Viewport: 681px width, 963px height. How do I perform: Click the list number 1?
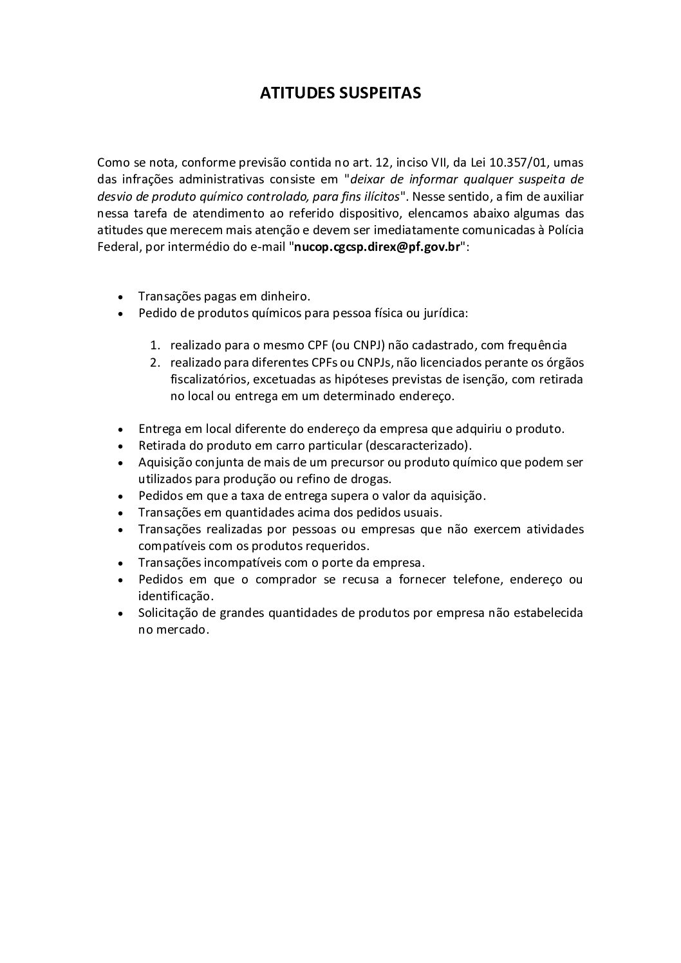click(154, 346)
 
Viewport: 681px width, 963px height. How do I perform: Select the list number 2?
click(154, 363)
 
